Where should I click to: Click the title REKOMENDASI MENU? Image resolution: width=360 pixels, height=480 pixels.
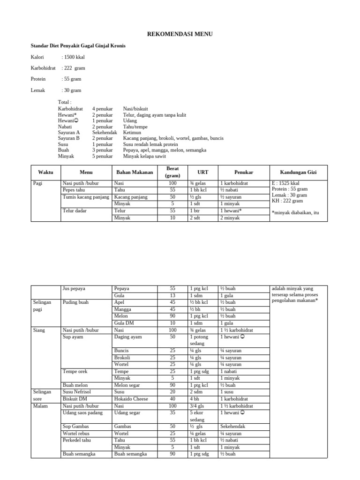[180, 34]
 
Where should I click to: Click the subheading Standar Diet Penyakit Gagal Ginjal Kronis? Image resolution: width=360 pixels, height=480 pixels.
[78, 46]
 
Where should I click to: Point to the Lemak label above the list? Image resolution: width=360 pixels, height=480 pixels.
[38, 90]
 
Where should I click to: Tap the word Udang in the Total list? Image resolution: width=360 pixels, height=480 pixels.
[130, 120]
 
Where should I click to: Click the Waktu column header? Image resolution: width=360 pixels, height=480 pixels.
[45, 172]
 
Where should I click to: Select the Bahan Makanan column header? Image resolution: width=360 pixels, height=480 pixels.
[135, 172]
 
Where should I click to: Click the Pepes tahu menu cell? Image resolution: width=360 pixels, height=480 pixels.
[74, 190]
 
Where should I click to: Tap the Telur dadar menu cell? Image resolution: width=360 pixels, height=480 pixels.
[75, 211]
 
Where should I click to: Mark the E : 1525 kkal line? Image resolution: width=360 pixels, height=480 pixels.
[286, 183]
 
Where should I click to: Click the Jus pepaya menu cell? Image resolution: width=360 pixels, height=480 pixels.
[74, 289]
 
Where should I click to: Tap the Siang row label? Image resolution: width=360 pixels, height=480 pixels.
[39, 330]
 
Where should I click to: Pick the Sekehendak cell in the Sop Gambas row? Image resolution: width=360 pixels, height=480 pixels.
[232, 427]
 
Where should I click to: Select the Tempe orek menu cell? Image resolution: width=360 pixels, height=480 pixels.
[75, 371]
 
